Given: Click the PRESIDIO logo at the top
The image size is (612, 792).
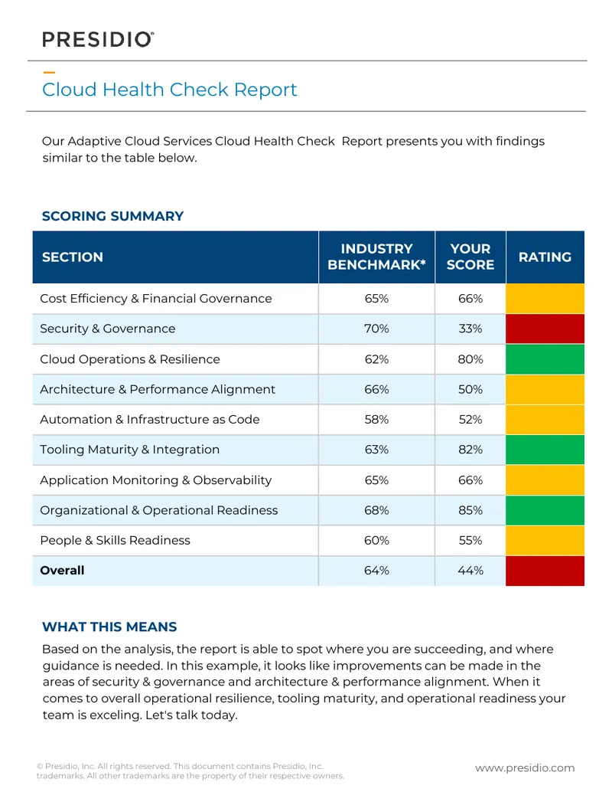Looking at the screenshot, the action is (x=98, y=39).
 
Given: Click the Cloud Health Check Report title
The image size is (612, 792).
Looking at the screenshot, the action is (x=170, y=90).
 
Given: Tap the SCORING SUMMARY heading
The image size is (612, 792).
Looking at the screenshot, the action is (x=112, y=216).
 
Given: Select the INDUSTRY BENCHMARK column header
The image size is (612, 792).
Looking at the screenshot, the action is (x=376, y=257).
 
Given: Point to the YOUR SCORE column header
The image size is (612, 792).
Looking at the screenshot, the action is (x=470, y=257).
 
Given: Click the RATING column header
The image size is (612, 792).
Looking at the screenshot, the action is (x=545, y=257).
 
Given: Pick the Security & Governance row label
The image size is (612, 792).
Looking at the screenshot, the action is (x=107, y=329).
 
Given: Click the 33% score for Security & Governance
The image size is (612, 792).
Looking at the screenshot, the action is (x=470, y=329).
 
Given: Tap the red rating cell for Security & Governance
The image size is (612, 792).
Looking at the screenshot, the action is (x=545, y=329).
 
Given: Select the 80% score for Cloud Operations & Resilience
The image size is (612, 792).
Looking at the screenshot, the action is (x=470, y=359).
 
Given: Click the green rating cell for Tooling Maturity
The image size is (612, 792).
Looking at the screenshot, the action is (x=545, y=450).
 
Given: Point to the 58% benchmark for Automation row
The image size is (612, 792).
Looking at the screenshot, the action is (x=376, y=419).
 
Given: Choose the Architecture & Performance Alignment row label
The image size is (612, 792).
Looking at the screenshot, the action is (x=158, y=389).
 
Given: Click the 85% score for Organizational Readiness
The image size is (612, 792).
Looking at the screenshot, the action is (x=470, y=510).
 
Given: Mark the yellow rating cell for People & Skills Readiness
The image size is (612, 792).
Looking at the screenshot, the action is (x=545, y=541).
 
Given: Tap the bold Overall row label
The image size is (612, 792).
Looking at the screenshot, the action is (x=62, y=571).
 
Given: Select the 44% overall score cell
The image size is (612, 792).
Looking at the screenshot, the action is (x=470, y=571).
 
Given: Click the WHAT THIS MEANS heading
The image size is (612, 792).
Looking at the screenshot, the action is (x=109, y=627).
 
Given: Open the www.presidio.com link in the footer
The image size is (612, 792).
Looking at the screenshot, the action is (x=525, y=768).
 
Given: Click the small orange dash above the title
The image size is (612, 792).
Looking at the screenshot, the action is (x=49, y=73).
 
